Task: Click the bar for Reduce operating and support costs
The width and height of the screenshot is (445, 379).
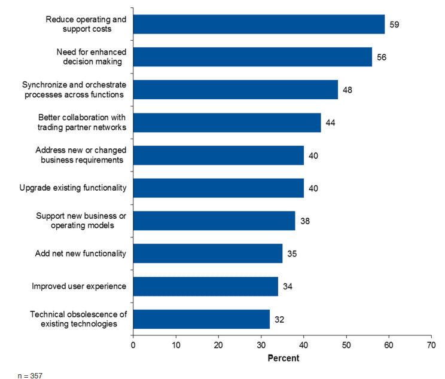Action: pyautogui.click(x=258, y=25)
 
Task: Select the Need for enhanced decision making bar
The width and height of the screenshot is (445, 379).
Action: pyautogui.click(x=252, y=57)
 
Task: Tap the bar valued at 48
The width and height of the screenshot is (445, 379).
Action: pyautogui.click(x=235, y=90)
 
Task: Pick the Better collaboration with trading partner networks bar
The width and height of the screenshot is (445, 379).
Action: pyautogui.click(x=227, y=123)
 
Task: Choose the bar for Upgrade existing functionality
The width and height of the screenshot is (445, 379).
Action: pyautogui.click(x=218, y=188)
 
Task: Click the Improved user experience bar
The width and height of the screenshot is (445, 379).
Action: pyautogui.click(x=205, y=286)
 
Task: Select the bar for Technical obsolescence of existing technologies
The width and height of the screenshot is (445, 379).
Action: pyautogui.click(x=201, y=319)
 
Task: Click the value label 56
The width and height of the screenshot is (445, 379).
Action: pyautogui.click(x=380, y=57)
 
